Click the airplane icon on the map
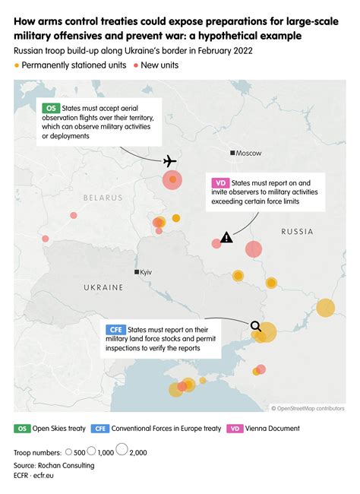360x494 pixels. click(169, 161)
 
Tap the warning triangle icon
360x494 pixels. click(227, 238)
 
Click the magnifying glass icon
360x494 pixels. click(256, 328)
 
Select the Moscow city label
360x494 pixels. click(248, 153)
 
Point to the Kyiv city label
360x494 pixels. click(147, 271)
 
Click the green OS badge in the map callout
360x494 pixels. click(52, 109)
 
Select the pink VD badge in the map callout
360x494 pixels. click(220, 183)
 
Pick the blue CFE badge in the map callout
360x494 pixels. click(116, 329)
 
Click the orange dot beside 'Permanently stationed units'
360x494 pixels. click(17, 66)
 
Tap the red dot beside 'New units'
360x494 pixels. click(136, 66)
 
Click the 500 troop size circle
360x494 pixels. click(70, 452)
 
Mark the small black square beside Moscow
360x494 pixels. click(232, 153)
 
